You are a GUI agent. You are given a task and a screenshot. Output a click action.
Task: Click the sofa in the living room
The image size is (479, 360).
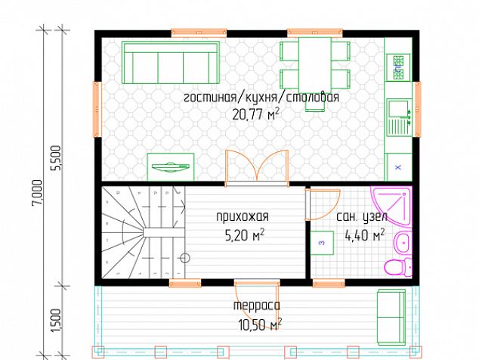(171, 63)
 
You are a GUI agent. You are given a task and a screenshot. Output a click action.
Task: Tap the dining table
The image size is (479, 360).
(315, 65)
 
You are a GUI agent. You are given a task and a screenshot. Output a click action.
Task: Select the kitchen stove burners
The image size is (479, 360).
(398, 67)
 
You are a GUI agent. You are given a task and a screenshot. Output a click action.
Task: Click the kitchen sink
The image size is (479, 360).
(399, 117)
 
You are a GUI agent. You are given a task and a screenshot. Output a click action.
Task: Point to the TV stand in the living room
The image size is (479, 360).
(171, 167)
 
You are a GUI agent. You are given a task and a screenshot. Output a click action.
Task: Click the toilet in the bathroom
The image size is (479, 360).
(398, 267)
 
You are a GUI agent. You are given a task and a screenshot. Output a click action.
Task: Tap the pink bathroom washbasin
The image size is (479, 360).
(403, 243)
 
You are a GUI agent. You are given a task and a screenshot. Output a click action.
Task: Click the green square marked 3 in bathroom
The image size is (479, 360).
(322, 243)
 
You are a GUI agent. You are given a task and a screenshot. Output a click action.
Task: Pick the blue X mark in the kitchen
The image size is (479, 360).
(397, 167)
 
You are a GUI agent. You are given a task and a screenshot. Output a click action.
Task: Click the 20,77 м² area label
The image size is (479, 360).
(255, 115)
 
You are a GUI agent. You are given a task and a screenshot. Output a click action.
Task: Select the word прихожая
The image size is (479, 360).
(243, 216)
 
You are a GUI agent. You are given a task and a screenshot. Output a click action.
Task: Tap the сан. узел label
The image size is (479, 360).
(362, 217)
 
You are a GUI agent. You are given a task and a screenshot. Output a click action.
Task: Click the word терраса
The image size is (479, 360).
(257, 306)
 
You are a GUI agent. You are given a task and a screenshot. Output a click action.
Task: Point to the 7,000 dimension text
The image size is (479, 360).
(37, 193)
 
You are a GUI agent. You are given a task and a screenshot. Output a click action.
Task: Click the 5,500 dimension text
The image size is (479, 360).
(57, 158)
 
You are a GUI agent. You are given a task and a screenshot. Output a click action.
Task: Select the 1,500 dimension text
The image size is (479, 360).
(56, 320)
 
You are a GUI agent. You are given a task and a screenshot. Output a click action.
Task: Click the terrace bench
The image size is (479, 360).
(391, 317)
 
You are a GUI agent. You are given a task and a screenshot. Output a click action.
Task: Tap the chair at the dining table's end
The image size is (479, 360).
(315, 102)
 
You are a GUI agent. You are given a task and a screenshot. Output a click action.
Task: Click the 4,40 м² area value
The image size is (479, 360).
(365, 235)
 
